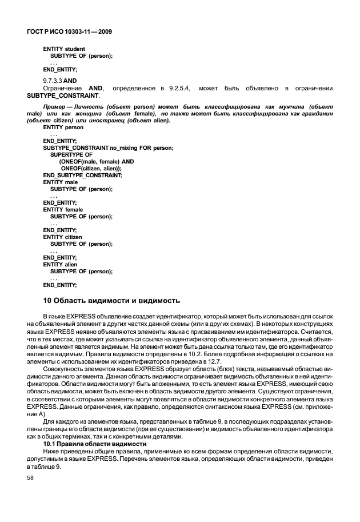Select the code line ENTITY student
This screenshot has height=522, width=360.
64,49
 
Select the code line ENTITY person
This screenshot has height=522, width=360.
63,127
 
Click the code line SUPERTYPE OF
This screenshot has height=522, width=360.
71,154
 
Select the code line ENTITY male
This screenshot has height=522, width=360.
60,182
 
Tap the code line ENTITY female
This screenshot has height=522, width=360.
63,209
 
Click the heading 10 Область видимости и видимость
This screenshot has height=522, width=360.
112,300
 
